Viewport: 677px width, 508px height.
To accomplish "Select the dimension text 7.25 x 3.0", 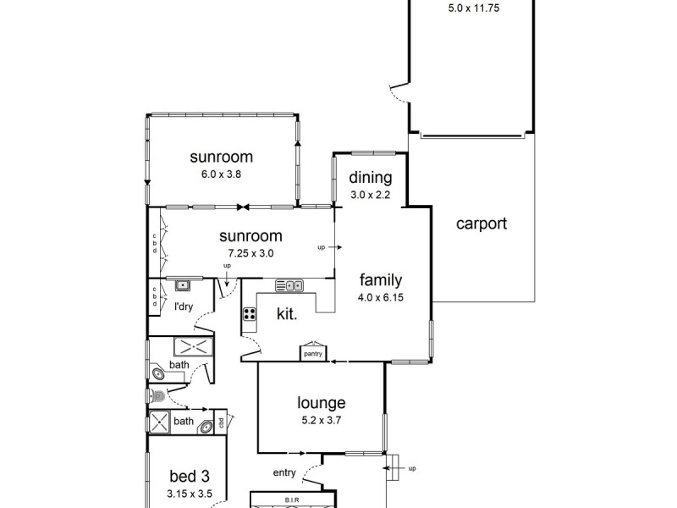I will click(x=250, y=252).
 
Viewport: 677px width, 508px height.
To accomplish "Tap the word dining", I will click(x=371, y=178).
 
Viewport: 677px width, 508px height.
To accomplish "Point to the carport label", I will click(x=482, y=224).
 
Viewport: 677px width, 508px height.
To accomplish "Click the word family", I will click(x=380, y=280).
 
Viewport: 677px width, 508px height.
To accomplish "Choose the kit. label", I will click(x=287, y=314).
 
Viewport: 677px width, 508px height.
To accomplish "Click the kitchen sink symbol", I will click(x=289, y=285).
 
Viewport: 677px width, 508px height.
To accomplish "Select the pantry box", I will click(x=311, y=353).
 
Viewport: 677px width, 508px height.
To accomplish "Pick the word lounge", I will click(x=321, y=403).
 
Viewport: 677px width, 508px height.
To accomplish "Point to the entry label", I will click(x=284, y=472).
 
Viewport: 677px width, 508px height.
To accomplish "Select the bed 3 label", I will click(x=189, y=476).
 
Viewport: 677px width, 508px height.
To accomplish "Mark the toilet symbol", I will click(x=156, y=395).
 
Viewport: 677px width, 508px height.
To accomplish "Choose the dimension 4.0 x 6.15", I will click(x=380, y=297).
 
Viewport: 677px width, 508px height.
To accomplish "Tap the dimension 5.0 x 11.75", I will click(x=472, y=10).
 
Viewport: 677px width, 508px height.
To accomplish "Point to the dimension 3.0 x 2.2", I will click(x=371, y=194).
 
